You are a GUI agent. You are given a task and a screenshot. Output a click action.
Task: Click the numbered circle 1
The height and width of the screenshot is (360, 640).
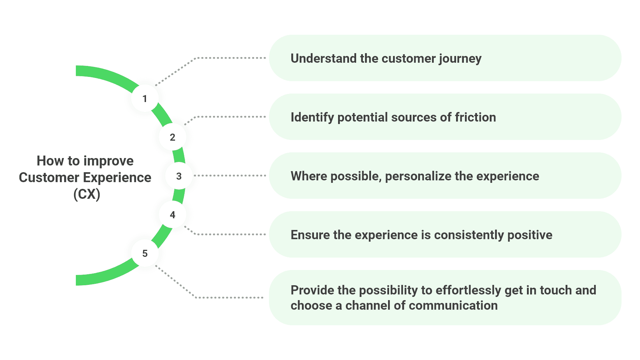click(x=145, y=99)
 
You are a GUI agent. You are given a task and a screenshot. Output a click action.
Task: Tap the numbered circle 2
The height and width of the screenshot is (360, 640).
click(x=173, y=137)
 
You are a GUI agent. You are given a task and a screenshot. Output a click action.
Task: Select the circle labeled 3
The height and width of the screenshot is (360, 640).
click(x=179, y=176)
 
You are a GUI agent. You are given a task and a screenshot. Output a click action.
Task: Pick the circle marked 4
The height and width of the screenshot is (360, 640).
click(x=173, y=215)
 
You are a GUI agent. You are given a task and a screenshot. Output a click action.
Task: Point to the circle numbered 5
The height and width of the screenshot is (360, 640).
click(x=145, y=253)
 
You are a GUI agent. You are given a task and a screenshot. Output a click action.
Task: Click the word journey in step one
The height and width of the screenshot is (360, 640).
click(x=460, y=59)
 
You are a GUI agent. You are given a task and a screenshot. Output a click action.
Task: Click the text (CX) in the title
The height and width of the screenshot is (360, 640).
click(x=86, y=194)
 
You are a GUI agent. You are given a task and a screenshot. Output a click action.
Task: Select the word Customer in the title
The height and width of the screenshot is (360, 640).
click(x=49, y=178)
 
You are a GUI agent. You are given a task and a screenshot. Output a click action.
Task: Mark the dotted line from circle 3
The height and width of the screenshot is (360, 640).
click(x=230, y=176)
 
